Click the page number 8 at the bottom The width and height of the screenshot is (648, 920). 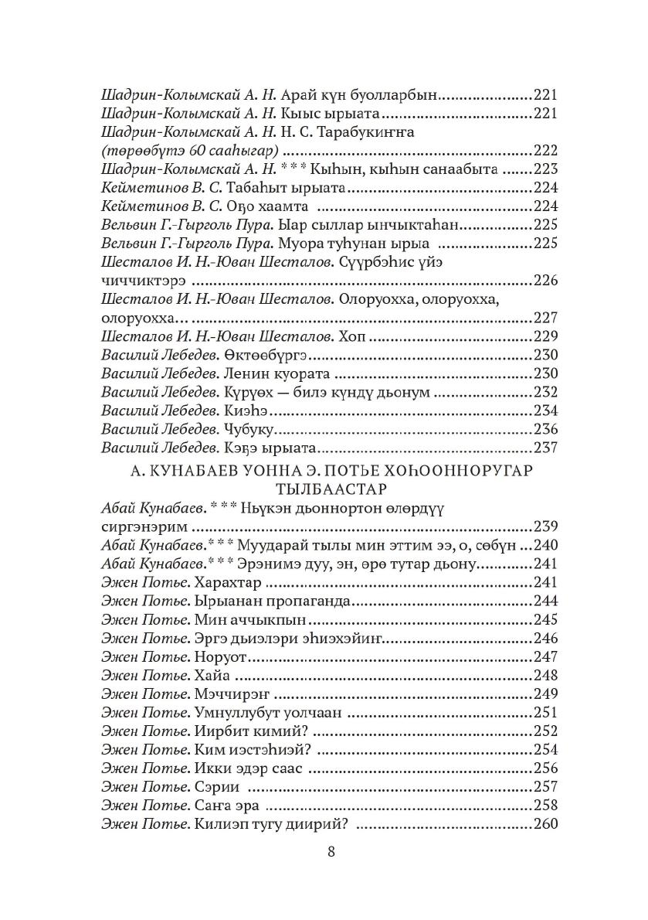pos(331,852)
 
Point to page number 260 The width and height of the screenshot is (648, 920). pos(545,824)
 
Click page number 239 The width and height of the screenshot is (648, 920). pos(545,526)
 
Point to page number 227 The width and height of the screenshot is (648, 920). pos(545,318)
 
